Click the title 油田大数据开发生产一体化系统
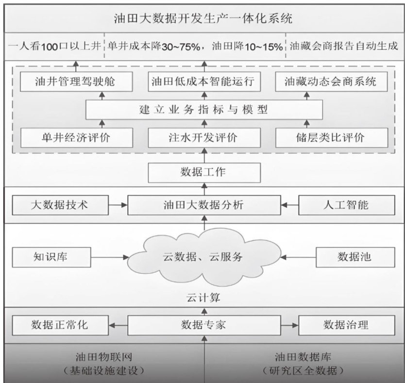coord(202,20)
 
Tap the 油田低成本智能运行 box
coord(203,82)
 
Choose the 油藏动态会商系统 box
coord(330,82)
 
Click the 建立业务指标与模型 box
coord(203,110)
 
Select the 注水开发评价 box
coord(203,137)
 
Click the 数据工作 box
coord(203,172)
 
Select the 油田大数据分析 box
coord(203,205)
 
